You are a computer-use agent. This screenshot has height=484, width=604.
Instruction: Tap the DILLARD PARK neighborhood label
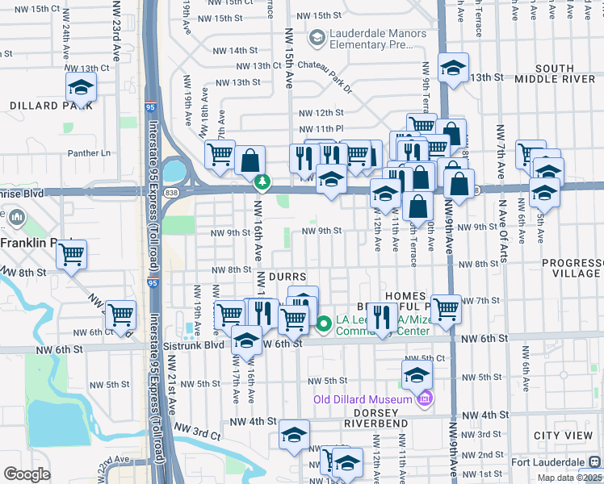click(x=45, y=106)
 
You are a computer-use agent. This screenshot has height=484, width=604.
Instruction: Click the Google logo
click(x=27, y=474)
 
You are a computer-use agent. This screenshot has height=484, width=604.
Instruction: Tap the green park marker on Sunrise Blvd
click(x=262, y=183)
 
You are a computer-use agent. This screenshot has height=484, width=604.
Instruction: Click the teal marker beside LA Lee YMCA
click(x=324, y=323)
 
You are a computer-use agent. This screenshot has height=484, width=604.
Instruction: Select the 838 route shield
click(x=176, y=184)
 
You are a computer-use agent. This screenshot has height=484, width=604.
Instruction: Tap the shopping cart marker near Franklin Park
click(x=72, y=254)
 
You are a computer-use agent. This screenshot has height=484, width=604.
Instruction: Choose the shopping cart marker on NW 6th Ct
click(x=120, y=314)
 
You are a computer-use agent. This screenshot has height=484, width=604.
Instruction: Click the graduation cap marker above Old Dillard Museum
click(x=417, y=374)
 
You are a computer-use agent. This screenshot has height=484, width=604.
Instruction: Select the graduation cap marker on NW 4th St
click(x=295, y=435)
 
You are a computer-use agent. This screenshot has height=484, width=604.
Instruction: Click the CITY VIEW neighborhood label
click(x=563, y=436)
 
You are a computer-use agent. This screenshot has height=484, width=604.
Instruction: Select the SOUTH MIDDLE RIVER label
click(x=554, y=74)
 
